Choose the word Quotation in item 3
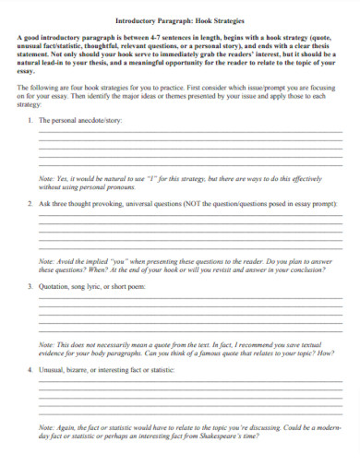[54, 287]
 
